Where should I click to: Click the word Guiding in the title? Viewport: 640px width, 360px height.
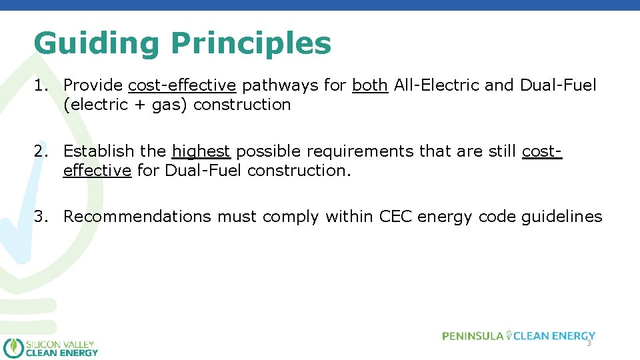tap(97, 44)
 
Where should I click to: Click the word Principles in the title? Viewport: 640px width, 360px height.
tap(251, 44)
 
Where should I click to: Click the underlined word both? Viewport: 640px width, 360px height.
tap(369, 85)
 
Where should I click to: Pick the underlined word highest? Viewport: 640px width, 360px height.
tap(201, 152)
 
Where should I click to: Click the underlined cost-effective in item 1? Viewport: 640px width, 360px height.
tap(182, 85)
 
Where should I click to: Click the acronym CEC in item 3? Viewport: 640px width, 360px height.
tap(396, 217)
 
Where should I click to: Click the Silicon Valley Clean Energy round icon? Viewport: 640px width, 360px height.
tap(13, 348)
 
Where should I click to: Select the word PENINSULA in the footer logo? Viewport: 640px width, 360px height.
tap(473, 336)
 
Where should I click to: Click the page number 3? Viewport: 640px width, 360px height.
tap(589, 343)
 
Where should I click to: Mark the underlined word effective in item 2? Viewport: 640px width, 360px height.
tap(97, 170)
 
